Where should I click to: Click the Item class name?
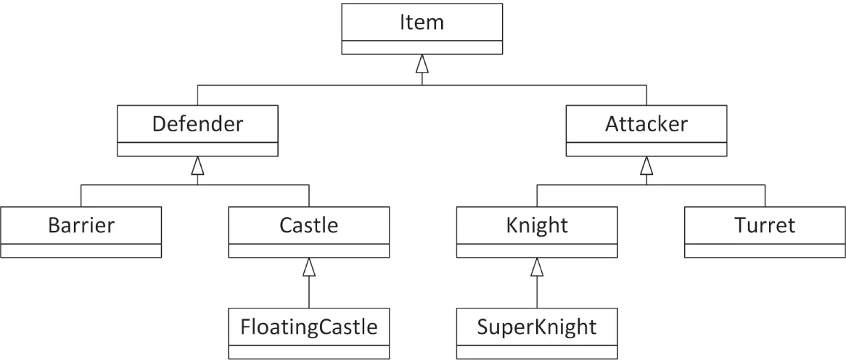click(422, 22)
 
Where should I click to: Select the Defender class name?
click(197, 124)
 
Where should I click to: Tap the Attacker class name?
click(646, 124)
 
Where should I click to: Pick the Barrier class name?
click(81, 225)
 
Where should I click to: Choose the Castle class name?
click(309, 225)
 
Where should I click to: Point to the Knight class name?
click(537, 225)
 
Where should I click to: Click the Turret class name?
click(764, 225)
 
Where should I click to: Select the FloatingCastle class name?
click(309, 327)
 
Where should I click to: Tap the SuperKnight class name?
click(537, 327)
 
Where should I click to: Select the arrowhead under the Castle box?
click(309, 267)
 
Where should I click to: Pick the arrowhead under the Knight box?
click(537, 267)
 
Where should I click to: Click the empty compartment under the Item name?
click(422, 47)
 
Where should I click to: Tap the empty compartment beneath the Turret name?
click(764, 250)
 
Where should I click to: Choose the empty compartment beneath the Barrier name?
click(81, 250)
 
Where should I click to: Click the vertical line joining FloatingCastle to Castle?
click(309, 292)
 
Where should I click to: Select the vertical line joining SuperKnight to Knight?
click(537, 292)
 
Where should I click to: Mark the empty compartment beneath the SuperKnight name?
click(537, 352)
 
